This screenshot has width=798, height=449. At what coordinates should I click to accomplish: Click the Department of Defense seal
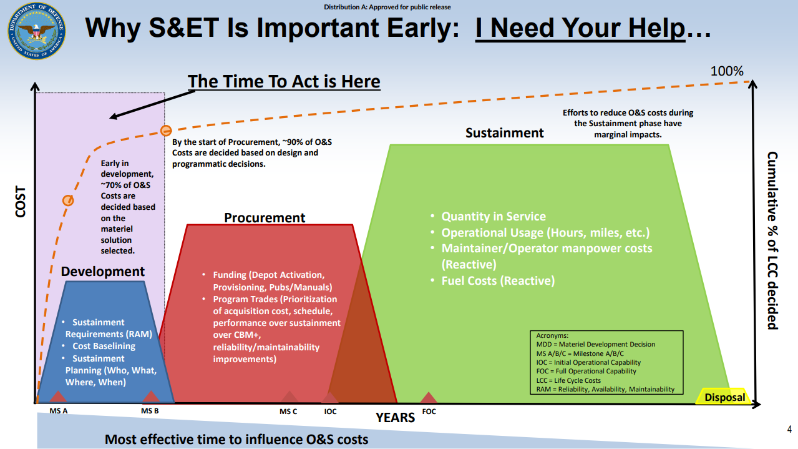tap(36, 31)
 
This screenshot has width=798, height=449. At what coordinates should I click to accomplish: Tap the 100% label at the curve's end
tap(727, 71)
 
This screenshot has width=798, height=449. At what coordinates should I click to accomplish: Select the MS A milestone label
tap(59, 411)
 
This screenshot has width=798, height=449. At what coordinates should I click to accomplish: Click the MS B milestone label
tap(150, 411)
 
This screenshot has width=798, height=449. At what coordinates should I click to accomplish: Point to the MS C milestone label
tap(288, 412)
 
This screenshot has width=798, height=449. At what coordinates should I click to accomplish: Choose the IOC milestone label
tap(330, 412)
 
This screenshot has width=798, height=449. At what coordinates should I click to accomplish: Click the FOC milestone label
tap(429, 412)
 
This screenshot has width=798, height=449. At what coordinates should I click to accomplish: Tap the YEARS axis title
tap(395, 418)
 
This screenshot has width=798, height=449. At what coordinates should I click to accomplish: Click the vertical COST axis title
tap(21, 202)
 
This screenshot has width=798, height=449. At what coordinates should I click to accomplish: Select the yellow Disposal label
tap(724, 397)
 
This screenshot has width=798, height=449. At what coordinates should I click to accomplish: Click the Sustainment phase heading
tap(505, 133)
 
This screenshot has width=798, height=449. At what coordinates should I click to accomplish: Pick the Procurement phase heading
tap(265, 217)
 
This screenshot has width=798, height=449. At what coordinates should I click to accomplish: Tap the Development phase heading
tap(102, 272)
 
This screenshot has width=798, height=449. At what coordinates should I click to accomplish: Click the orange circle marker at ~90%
tap(166, 131)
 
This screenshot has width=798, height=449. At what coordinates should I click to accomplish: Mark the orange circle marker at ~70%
tap(68, 200)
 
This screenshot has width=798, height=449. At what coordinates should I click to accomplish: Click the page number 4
tap(789, 429)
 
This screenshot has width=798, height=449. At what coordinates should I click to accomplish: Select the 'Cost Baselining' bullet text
tap(104, 346)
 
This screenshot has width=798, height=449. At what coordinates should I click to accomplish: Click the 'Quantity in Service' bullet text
tap(494, 217)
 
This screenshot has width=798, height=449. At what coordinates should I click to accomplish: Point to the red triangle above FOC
tap(429, 397)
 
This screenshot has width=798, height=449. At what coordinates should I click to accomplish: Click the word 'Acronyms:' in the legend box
tap(552, 335)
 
